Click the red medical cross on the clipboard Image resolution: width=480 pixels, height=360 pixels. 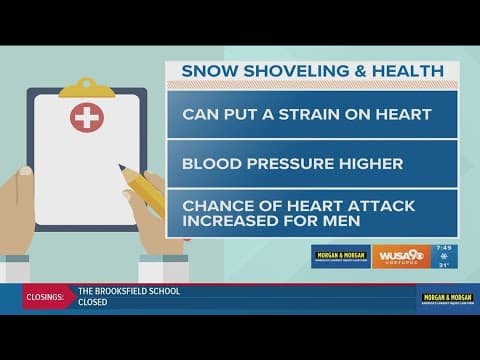(87, 118)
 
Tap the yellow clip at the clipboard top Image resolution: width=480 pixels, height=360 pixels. (87, 87)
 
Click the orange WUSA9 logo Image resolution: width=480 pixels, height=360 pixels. (401, 257)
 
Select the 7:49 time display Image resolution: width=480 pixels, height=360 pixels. (445, 249)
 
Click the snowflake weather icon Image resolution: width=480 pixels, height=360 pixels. (445, 262)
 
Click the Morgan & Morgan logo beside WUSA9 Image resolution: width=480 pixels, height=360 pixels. (340, 257)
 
